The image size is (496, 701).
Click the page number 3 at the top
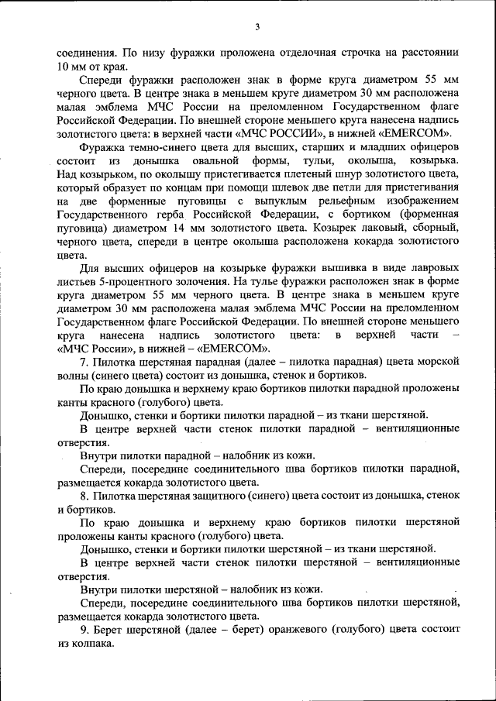click(257, 29)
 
